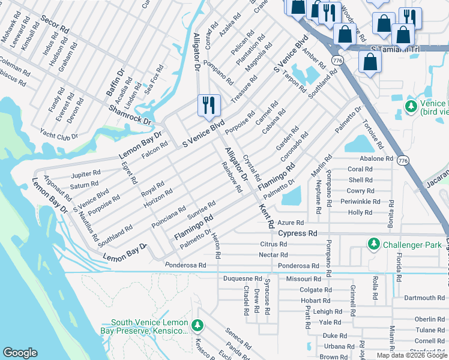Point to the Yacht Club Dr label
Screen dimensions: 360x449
pos(59,136)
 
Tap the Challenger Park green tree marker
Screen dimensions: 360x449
pos(374,244)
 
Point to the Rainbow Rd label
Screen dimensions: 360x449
pos(231,178)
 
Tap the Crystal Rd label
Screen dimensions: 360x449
pos(250,168)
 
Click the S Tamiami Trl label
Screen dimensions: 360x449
pos(393,49)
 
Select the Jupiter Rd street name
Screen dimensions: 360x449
pos(85,175)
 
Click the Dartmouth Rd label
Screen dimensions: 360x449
pos(424,298)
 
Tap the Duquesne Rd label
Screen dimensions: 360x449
pos(243,279)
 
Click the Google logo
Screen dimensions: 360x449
pos(20,353)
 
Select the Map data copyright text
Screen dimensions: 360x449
pos(412,355)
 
